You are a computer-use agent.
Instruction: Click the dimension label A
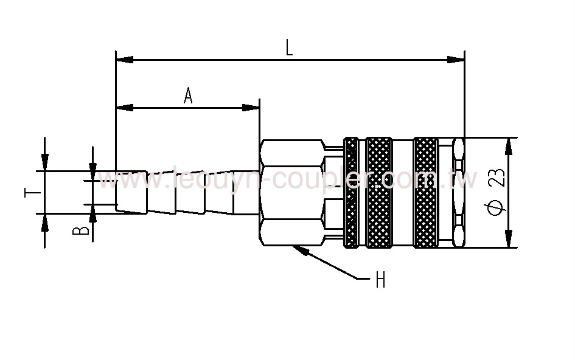[188, 95]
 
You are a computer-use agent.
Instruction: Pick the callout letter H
[380, 280]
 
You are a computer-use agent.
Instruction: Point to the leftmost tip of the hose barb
[116, 192]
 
